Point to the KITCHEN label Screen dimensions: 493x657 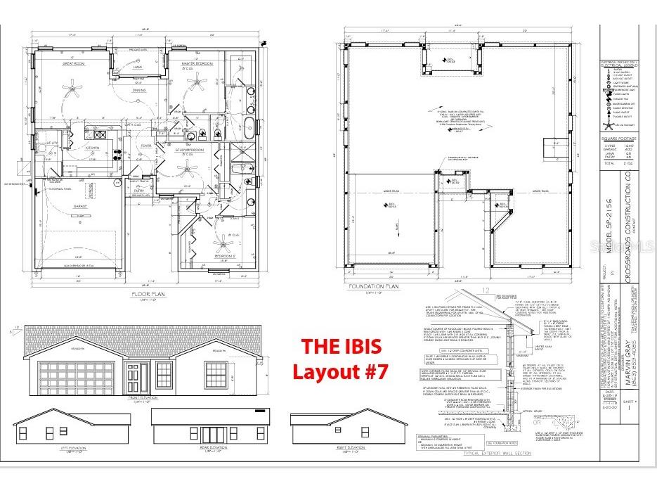tap(92, 148)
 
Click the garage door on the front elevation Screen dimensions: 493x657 tap(73, 374)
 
